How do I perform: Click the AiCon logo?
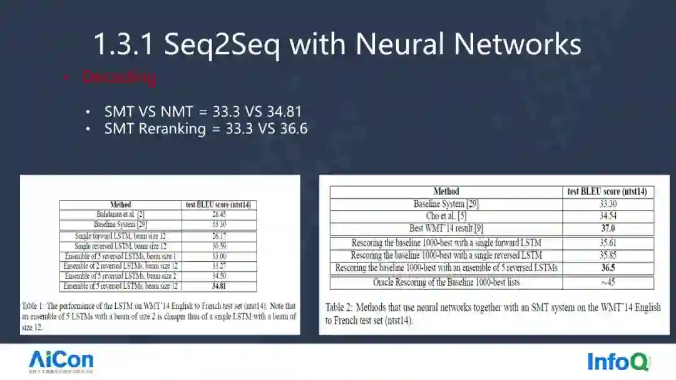tap(61, 361)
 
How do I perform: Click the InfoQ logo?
tap(618, 362)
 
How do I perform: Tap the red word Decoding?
tap(118, 77)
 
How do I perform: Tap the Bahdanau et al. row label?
tap(121, 214)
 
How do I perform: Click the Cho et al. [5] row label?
tap(446, 216)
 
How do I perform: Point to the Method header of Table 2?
tap(446, 191)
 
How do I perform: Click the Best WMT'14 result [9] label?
tap(446, 228)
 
